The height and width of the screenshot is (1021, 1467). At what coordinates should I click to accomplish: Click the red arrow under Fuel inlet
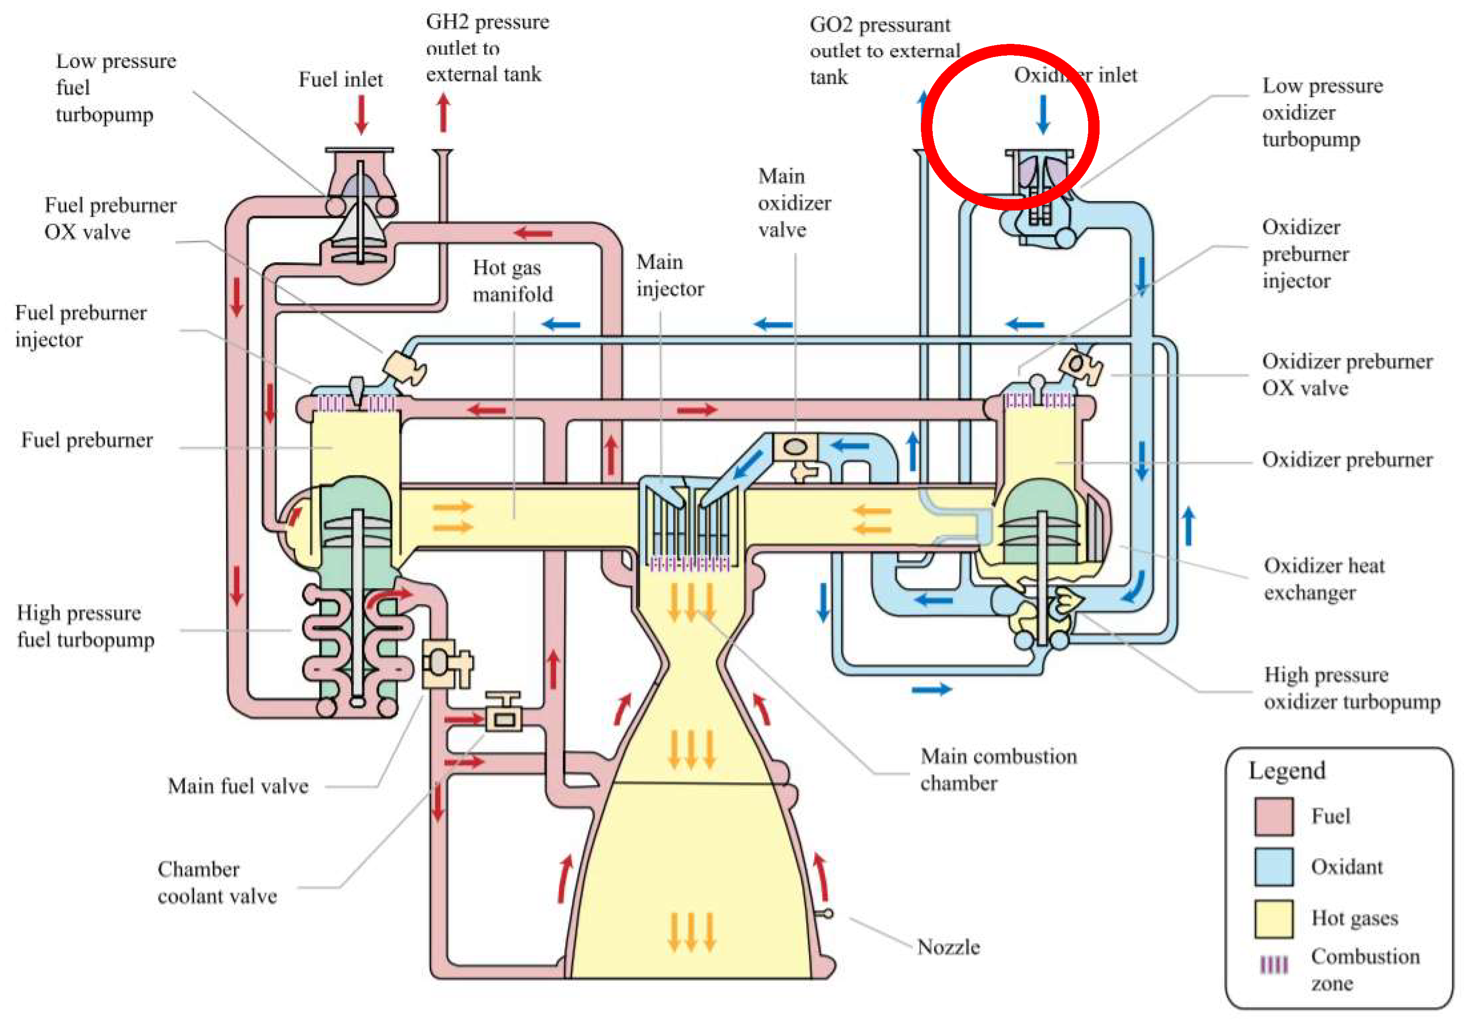(362, 114)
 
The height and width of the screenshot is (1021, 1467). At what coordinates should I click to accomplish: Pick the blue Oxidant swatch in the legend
(1273, 867)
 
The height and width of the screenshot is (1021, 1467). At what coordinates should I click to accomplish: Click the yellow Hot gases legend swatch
(1273, 918)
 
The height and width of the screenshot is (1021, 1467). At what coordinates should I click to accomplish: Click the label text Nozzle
(948, 947)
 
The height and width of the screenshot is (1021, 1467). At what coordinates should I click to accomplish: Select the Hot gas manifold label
(512, 281)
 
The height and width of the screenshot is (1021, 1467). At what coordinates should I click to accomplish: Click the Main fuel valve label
(237, 785)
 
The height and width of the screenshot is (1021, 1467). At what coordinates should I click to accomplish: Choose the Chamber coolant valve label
(217, 882)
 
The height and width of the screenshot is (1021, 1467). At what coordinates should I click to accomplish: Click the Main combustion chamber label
(998, 769)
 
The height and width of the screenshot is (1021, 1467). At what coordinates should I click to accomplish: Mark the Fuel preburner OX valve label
(110, 218)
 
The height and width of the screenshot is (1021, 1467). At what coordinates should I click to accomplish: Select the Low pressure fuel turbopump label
(115, 87)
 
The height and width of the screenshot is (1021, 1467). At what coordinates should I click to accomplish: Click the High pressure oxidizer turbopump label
(1352, 688)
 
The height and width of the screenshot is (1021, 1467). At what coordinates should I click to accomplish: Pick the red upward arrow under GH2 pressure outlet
(443, 112)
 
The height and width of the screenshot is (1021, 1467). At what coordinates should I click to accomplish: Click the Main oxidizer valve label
(794, 203)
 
